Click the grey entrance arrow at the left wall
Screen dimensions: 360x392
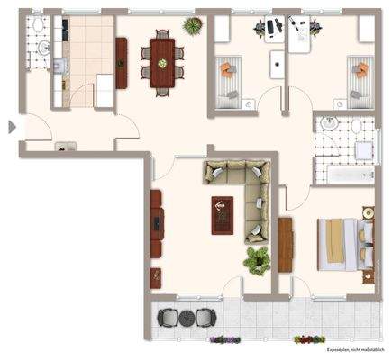[12, 128]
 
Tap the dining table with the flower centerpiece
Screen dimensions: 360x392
[162, 63]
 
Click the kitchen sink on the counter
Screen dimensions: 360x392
[59, 65]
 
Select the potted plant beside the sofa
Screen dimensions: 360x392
[257, 261]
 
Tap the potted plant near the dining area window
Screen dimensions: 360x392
[191, 24]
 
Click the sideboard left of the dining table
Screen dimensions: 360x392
[122, 62]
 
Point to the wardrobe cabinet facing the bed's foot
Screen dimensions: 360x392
[286, 243]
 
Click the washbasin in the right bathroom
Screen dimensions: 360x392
[330, 124]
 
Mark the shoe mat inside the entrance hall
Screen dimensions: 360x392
[65, 146]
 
